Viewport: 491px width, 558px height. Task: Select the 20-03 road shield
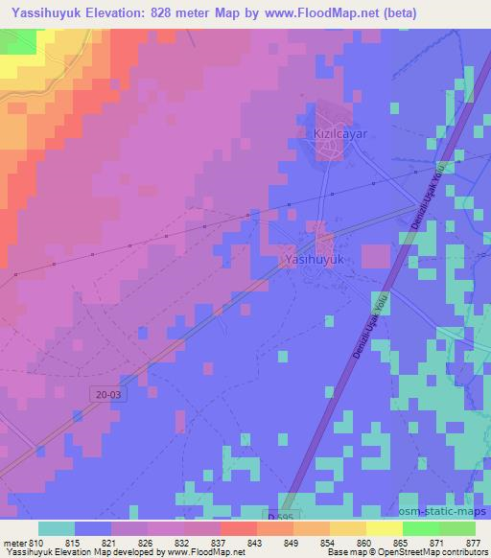108,393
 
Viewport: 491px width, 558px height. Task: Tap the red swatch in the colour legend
239,528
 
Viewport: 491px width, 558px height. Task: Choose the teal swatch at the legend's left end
57,528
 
